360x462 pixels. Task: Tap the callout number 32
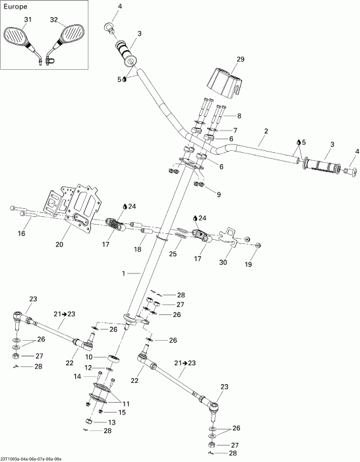pos(54,20)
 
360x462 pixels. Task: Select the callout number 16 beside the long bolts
pos(22,233)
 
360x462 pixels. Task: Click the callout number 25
pos(173,254)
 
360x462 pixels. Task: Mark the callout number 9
pos(218,194)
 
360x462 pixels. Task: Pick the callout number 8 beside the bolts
pos(239,116)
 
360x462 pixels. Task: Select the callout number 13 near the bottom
pos(111,422)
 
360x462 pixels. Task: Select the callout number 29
pos(240,59)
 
